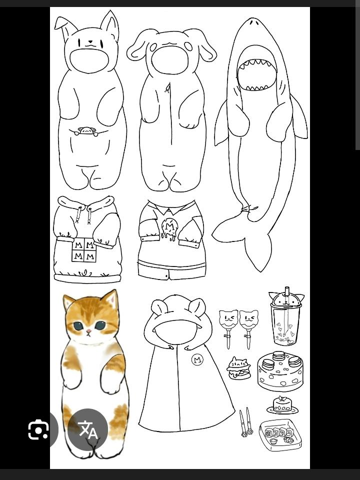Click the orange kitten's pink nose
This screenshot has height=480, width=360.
[x=88, y=331]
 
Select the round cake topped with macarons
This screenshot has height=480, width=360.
[x=280, y=371]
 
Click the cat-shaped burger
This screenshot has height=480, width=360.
[x=239, y=368]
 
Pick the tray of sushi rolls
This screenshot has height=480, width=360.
[x=280, y=435]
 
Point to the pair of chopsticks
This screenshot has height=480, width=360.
[x=246, y=422]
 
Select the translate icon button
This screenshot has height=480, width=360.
[x=88, y=429]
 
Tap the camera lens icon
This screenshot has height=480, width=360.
[x=38, y=430]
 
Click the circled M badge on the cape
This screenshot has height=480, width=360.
[x=197, y=359]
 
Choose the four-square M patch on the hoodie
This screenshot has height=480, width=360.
[x=84, y=250]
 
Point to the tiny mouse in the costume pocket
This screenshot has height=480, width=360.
[x=86, y=131]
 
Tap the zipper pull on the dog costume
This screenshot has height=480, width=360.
[x=167, y=88]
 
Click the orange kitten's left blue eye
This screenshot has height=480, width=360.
[x=78, y=325]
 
